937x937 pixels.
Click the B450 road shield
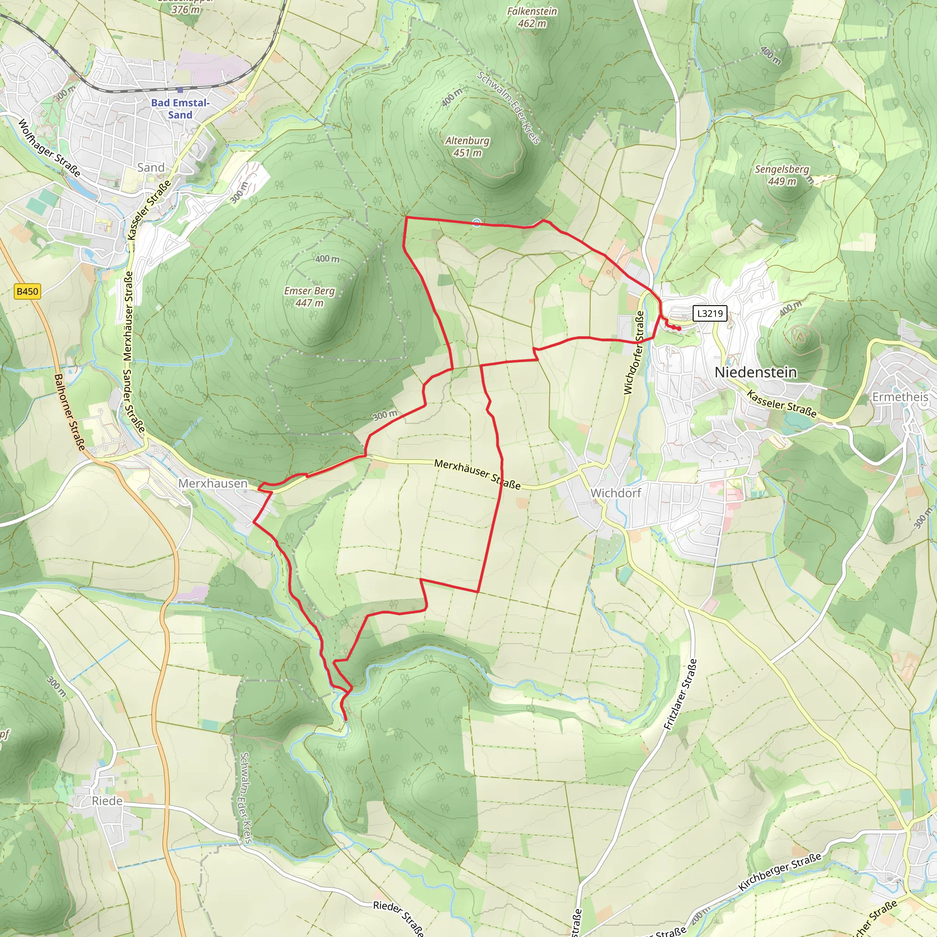pos(27,291)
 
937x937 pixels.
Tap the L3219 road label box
pos(710,313)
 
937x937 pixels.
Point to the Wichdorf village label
pos(615,493)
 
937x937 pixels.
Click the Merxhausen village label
pos(213,484)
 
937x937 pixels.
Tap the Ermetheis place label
pos(900,397)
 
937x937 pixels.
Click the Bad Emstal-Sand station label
pos(180,108)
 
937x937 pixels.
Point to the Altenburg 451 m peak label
pos(468,146)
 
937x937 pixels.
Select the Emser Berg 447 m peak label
pos(309,296)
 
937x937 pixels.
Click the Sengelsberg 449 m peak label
pos(782,175)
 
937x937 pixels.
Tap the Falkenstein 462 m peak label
pos(532,17)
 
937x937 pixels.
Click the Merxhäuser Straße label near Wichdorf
pos(477,474)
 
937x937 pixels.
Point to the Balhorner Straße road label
pos(70,412)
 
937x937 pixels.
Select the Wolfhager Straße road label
pos(49,147)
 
